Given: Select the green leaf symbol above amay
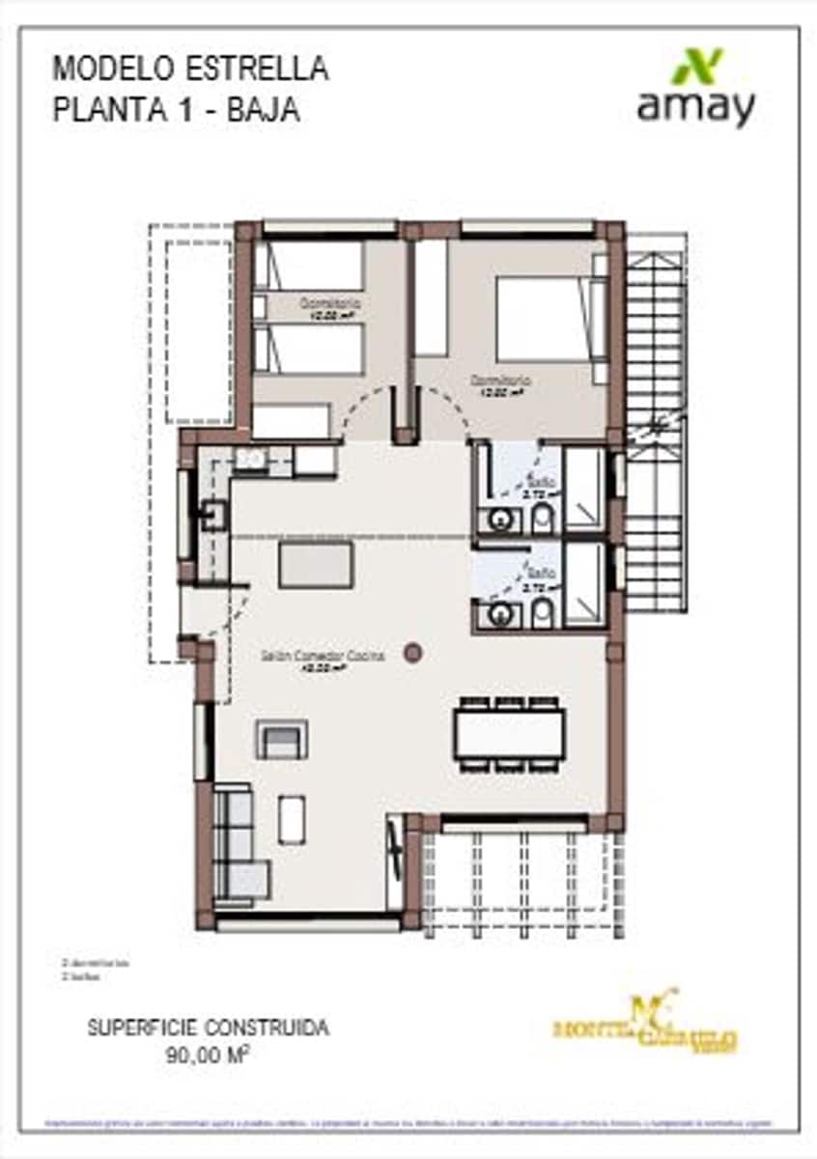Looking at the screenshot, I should tap(697, 66).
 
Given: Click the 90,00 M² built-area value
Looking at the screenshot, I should tap(208, 1055).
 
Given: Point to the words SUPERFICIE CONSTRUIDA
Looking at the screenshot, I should tap(208, 1028).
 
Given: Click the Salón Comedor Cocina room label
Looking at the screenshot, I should tap(323, 656).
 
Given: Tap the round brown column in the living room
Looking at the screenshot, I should tap(413, 653).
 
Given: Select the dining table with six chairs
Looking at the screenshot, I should tap(509, 734).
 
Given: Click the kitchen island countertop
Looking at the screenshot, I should tap(316, 565).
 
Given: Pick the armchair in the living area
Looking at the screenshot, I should tap(282, 740).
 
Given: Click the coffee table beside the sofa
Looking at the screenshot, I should tap(292, 819).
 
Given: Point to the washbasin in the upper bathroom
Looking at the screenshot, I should tap(500, 520).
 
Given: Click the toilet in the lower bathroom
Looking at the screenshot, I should tap(543, 610).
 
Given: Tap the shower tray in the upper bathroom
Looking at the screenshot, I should tap(583, 488).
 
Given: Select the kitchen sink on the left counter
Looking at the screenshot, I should tap(212, 517).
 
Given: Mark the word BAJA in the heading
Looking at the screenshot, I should tap(263, 110).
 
